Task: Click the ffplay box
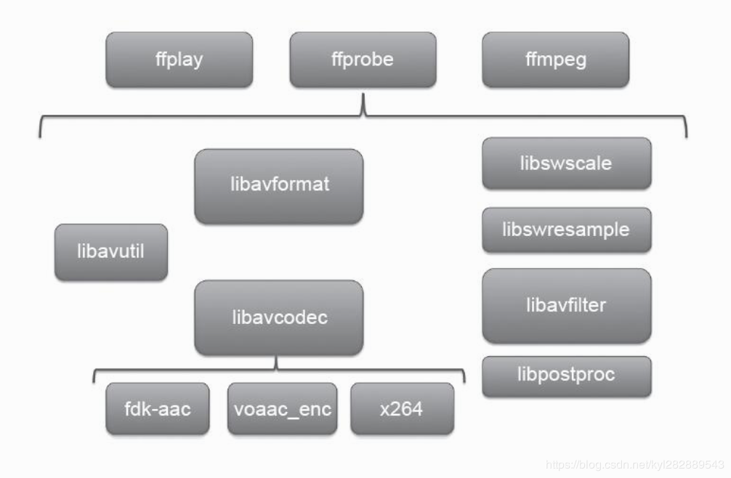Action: point(179,59)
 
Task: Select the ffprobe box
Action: point(363,59)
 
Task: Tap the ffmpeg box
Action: point(555,59)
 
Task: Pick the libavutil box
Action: point(110,252)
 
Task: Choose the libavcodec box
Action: point(278,317)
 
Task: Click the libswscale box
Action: point(566,163)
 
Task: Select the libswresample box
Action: point(566,230)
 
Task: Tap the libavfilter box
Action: point(566,305)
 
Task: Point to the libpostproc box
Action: point(566,376)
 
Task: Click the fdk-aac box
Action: point(158,408)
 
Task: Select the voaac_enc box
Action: point(283,408)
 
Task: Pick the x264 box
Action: point(402,408)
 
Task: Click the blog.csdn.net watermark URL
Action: point(634,463)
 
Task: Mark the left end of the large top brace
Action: point(40,134)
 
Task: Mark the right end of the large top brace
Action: point(685,134)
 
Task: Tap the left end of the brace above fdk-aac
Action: point(94,381)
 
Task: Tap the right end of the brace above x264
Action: point(464,381)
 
